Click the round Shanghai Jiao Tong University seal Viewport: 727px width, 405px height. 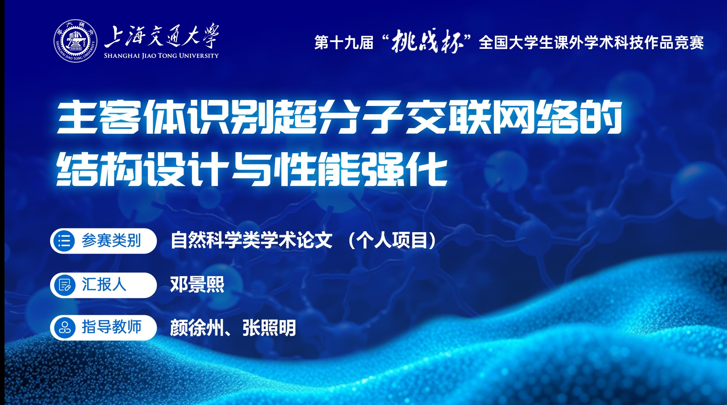[x=75, y=41]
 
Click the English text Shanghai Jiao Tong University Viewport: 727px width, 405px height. [x=161, y=56]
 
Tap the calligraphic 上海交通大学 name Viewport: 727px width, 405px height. [x=162, y=36]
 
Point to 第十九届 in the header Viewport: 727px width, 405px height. [x=344, y=43]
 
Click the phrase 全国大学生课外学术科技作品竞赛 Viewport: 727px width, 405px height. [x=591, y=43]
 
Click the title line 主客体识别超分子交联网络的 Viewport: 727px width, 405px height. [x=339, y=117]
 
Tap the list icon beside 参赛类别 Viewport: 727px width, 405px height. [x=64, y=241]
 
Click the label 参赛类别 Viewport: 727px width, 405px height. [x=111, y=241]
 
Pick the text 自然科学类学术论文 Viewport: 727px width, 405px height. [x=251, y=241]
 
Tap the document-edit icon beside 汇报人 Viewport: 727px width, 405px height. [x=64, y=285]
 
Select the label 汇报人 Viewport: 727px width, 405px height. [x=104, y=285]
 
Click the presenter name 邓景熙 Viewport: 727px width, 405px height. [x=197, y=285]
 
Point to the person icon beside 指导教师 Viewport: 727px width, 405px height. [x=64, y=328]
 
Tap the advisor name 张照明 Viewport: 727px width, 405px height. [x=269, y=328]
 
